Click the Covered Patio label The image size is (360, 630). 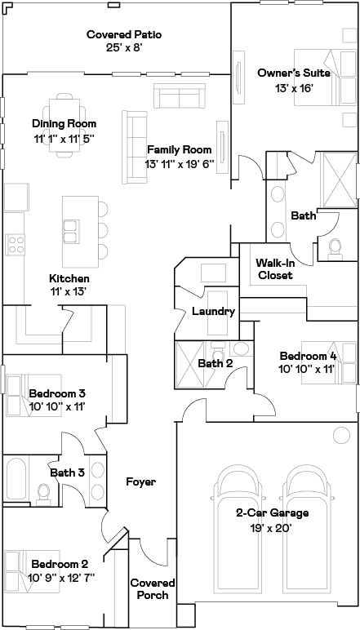(x=124, y=34)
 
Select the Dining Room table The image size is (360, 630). (x=64, y=126)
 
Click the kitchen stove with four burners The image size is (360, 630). (x=16, y=245)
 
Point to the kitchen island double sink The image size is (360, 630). (x=71, y=232)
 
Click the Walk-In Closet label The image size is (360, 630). (x=275, y=269)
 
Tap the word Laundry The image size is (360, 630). (x=213, y=312)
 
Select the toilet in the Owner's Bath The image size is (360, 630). (x=335, y=249)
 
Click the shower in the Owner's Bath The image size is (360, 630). (x=340, y=180)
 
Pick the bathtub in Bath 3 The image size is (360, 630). (x=16, y=479)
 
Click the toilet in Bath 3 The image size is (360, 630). (x=43, y=494)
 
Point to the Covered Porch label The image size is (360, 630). (x=153, y=588)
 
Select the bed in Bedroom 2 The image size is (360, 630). (x=32, y=571)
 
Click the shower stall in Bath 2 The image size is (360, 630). (x=191, y=365)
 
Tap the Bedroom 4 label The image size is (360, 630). (x=309, y=356)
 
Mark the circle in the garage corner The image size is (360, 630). (x=341, y=435)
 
